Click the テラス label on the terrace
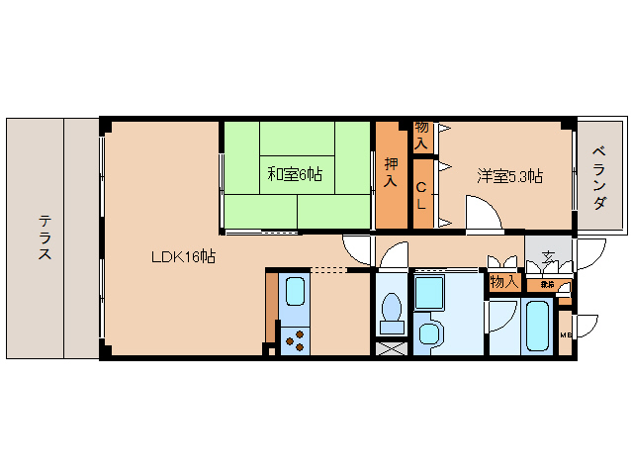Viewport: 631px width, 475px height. click(x=45, y=237)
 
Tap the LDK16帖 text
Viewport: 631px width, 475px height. click(x=183, y=256)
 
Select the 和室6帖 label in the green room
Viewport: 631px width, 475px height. click(x=295, y=174)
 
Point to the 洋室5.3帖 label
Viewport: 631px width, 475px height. click(x=509, y=176)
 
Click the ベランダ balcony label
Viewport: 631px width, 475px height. click(x=600, y=177)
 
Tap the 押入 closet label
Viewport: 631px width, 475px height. click(x=391, y=174)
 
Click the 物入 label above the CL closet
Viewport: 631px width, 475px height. click(x=421, y=135)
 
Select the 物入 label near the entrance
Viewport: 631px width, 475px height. click(x=503, y=283)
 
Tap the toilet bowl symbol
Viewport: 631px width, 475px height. click(x=392, y=312)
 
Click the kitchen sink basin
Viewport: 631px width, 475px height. click(x=295, y=291)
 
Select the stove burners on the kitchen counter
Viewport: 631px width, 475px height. click(x=294, y=339)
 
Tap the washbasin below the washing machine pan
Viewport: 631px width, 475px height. click(x=428, y=333)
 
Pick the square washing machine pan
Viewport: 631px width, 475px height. click(x=430, y=293)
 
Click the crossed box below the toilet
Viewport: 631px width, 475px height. click(x=392, y=347)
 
